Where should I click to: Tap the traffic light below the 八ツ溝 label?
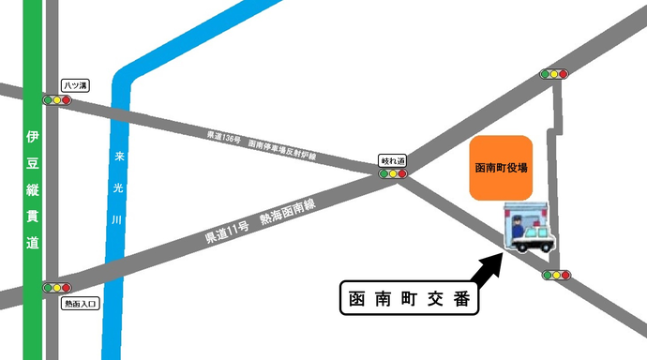click(x=56, y=99)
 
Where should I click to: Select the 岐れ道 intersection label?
click(x=393, y=160)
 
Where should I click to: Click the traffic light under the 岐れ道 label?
click(x=393, y=173)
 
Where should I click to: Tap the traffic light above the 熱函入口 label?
click(x=56, y=288)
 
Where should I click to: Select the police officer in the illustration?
click(x=518, y=227)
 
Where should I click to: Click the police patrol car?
click(x=534, y=237)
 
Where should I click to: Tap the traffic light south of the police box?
click(x=555, y=276)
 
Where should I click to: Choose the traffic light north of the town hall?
click(x=554, y=73)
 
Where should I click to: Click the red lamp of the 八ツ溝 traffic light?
click(x=67, y=99)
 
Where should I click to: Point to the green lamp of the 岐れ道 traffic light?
click(x=383, y=173)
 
